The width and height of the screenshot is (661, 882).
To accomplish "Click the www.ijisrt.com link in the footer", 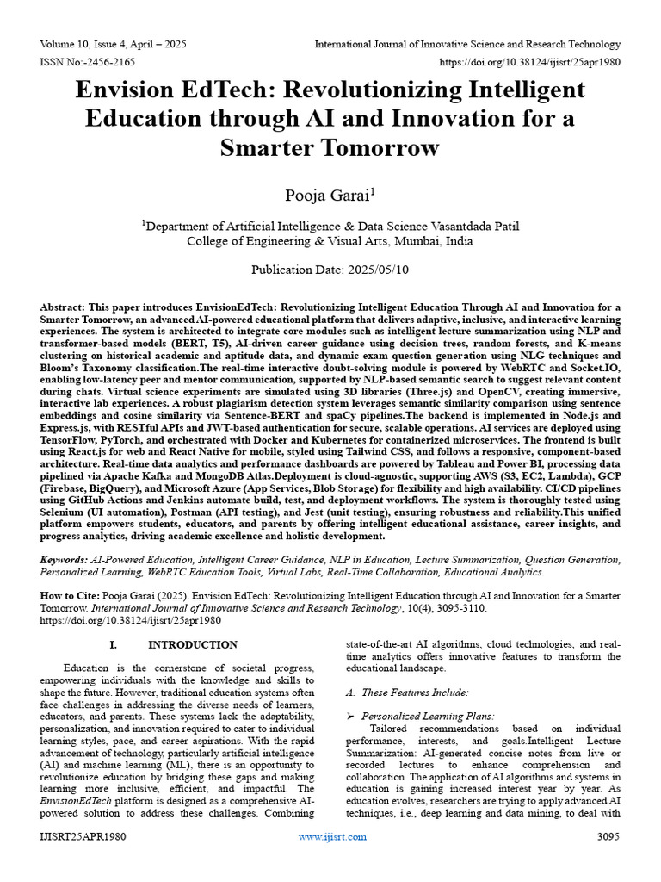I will coord(332,836).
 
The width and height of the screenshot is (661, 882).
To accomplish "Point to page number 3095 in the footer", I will coord(608,836).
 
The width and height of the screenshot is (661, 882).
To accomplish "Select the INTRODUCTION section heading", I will coord(193,644).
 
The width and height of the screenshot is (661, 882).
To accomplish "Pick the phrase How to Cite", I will coord(70,595).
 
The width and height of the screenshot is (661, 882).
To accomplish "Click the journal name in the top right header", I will coord(467,44).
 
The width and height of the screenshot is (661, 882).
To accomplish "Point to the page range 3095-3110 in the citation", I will coord(461,607).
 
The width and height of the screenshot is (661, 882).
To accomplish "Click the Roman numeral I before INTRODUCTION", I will coord(112,644).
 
